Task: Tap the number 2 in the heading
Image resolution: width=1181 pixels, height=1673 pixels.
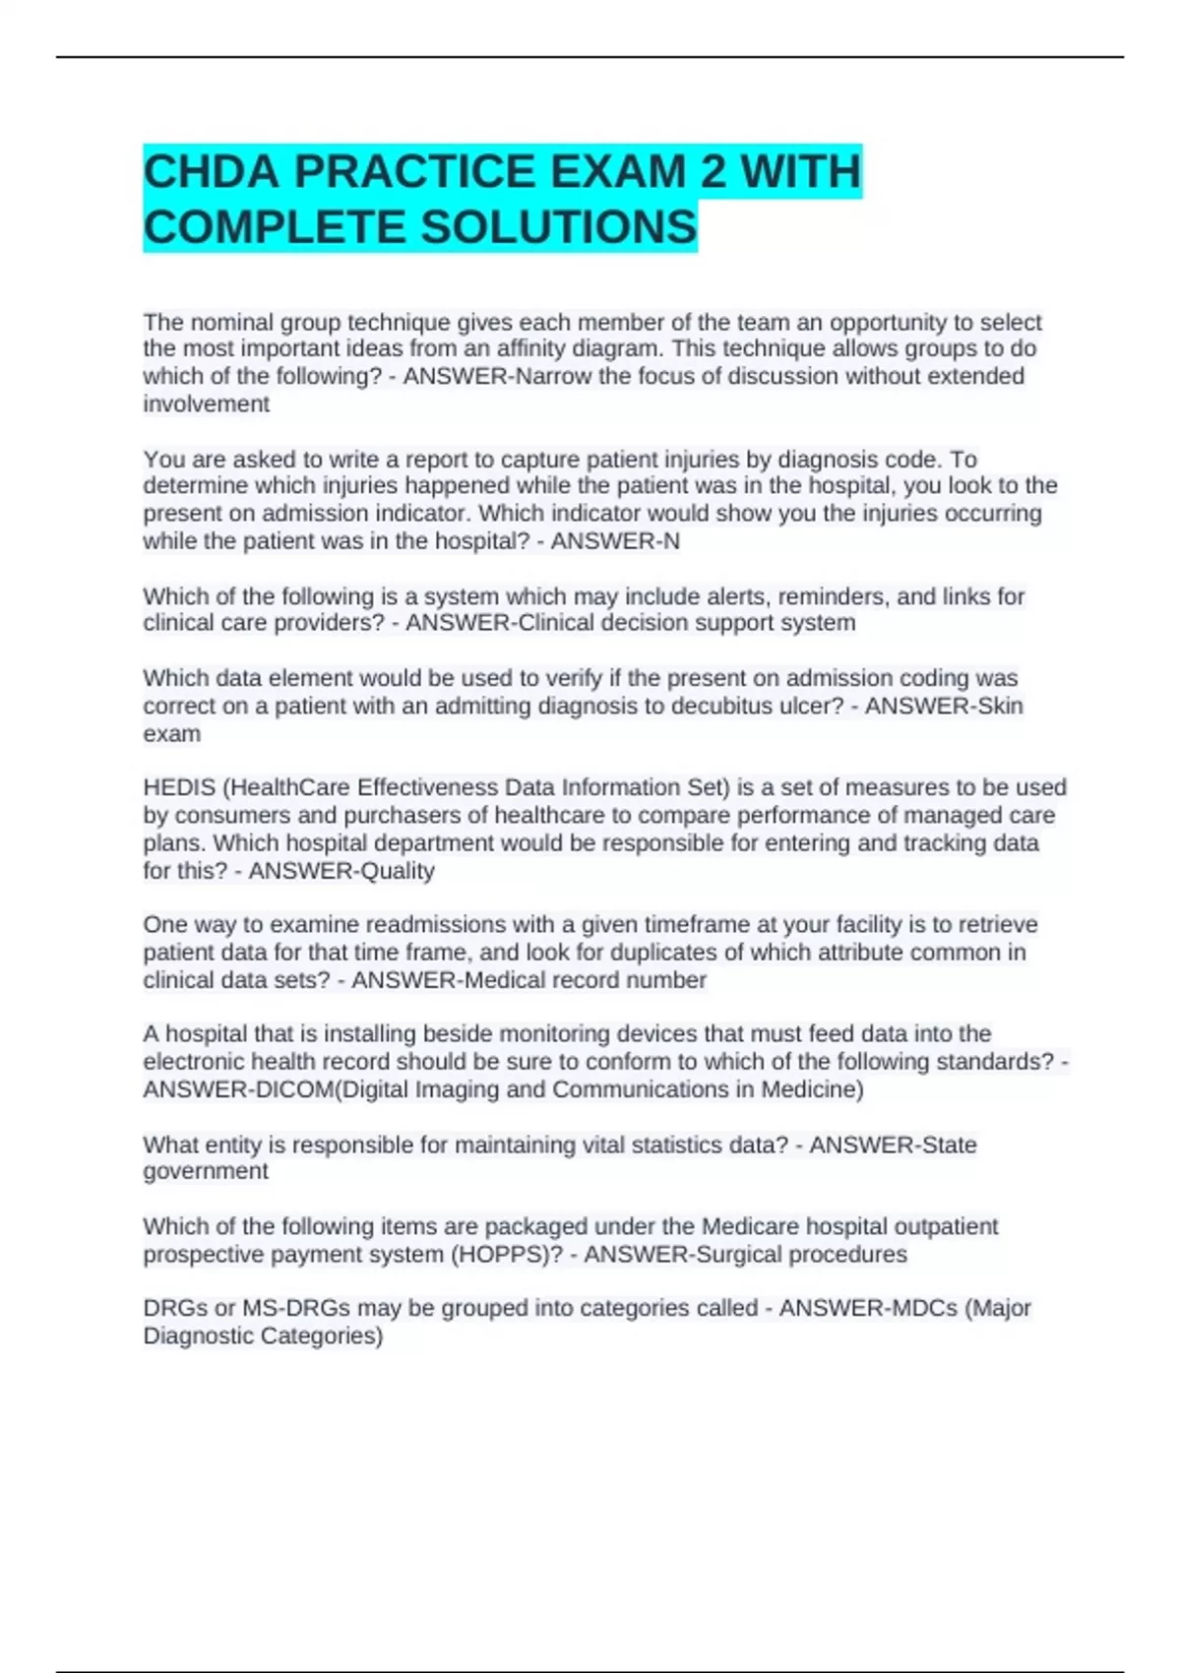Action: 713,172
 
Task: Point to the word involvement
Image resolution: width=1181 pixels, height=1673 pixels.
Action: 206,404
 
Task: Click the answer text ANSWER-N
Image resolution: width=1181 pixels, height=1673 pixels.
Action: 615,541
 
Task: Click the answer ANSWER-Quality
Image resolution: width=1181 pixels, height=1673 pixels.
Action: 341,871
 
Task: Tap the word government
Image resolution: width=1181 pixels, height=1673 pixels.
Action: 205,1171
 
